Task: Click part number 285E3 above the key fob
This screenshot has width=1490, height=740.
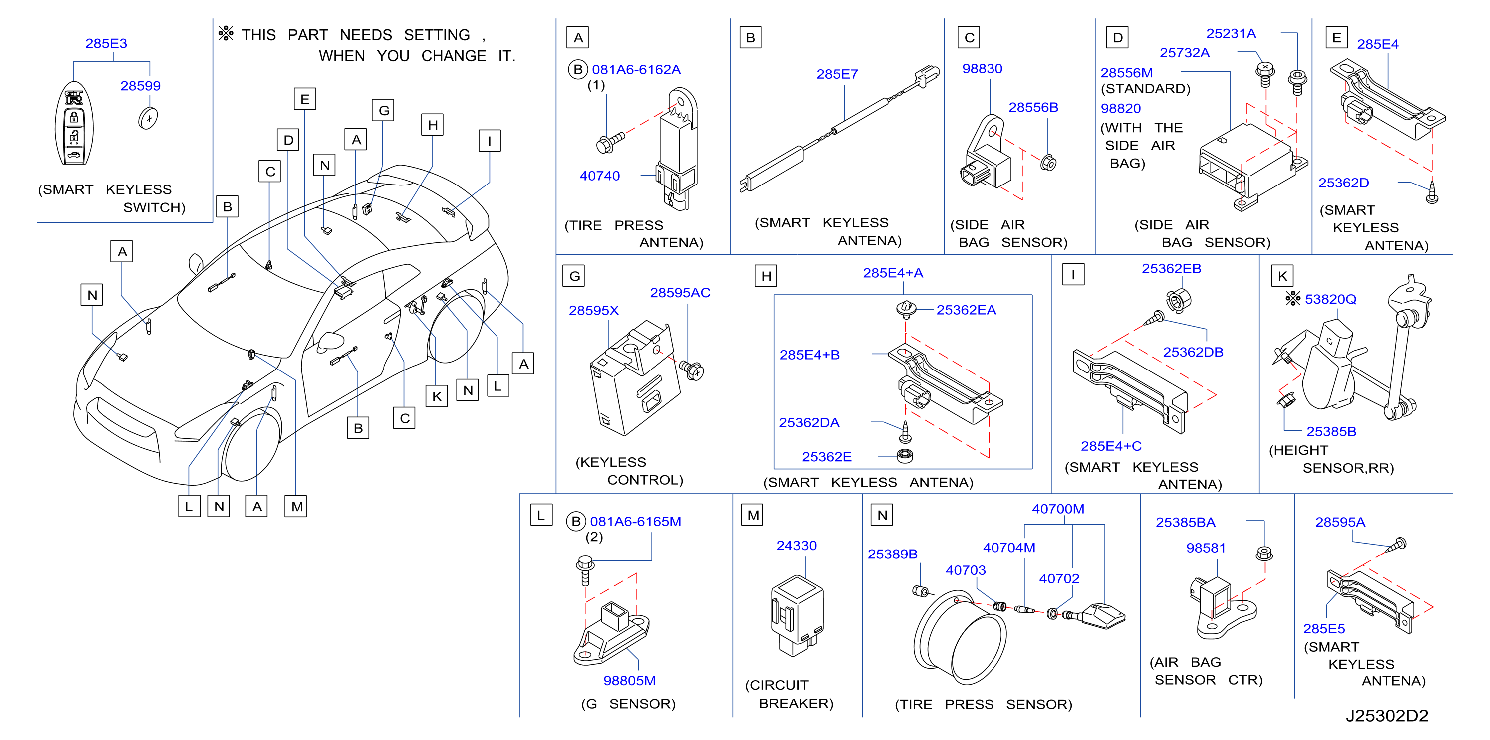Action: (106, 43)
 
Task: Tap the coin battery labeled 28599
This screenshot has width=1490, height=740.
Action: (148, 118)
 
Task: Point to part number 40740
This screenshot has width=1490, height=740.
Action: (599, 176)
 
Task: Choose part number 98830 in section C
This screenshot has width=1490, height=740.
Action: (982, 69)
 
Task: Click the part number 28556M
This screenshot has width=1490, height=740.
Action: (1126, 73)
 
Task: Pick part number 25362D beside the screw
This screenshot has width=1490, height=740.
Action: (1343, 183)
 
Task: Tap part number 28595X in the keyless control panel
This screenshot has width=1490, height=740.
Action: (593, 311)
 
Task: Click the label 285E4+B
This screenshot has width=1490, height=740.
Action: (809, 355)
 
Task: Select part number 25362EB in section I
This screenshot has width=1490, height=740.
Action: (1171, 269)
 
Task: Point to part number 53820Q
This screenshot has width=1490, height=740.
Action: (1330, 299)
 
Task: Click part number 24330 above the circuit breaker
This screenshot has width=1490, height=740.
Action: (796, 546)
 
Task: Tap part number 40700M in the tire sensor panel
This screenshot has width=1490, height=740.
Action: (1058, 509)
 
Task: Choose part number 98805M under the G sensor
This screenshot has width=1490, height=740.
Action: (629, 681)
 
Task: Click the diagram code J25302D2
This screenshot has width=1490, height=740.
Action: (1387, 716)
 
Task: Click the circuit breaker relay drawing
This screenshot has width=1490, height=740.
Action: (797, 616)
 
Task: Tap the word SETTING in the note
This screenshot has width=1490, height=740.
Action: (437, 35)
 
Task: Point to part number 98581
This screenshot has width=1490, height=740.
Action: (1206, 548)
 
